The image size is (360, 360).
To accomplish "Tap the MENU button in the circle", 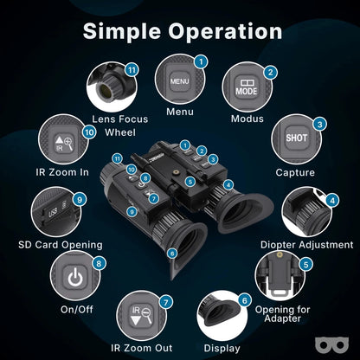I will coord(179,82).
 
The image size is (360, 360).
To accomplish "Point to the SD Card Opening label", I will coord(61,245).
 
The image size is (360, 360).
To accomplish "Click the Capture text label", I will coord(296,172).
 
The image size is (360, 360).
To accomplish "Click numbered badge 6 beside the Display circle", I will coord(245,300).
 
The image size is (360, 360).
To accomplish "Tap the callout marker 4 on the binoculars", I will coord(228,183).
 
